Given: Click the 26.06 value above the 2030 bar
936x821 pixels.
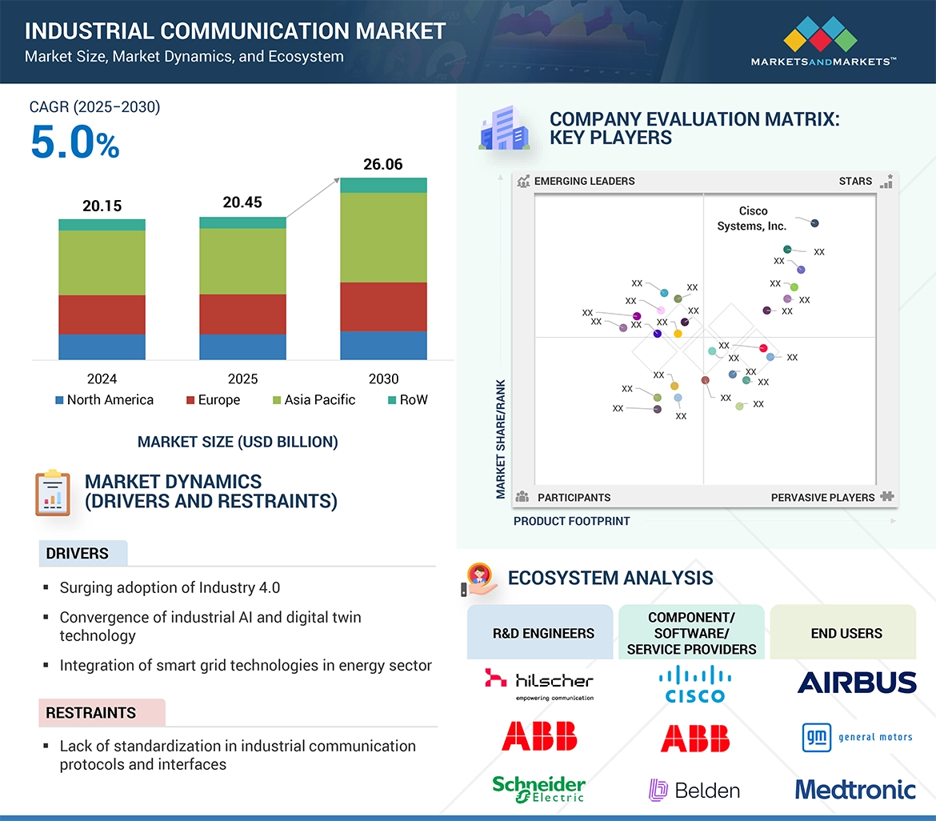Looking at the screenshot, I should [383, 165].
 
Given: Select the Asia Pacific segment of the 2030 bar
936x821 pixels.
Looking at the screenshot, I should [383, 237].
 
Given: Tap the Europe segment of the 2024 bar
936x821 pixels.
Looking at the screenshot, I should [102, 314].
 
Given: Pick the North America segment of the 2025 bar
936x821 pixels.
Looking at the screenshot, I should [242, 346].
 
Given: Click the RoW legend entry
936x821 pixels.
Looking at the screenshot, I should [408, 400].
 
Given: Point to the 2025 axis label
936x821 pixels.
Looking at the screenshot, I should [242, 379].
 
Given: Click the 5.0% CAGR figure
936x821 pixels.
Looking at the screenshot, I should [74, 142].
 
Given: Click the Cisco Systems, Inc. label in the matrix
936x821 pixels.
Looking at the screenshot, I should [752, 218].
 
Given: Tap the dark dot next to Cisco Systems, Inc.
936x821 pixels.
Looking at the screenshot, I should [814, 223].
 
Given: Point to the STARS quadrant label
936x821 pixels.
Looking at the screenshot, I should [855, 182].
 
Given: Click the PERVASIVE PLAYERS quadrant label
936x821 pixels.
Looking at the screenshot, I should [822, 498].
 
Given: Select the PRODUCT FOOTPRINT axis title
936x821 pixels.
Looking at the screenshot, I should [571, 521].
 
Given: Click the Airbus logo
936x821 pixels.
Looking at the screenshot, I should [856, 683].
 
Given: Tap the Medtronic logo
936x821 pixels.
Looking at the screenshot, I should [855, 790].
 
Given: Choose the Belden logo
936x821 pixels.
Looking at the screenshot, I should [694, 791].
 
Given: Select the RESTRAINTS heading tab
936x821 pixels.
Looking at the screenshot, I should [91, 713].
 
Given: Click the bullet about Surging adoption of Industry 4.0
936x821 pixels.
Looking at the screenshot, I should [170, 588].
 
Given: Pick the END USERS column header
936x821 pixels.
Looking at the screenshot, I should [846, 633].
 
